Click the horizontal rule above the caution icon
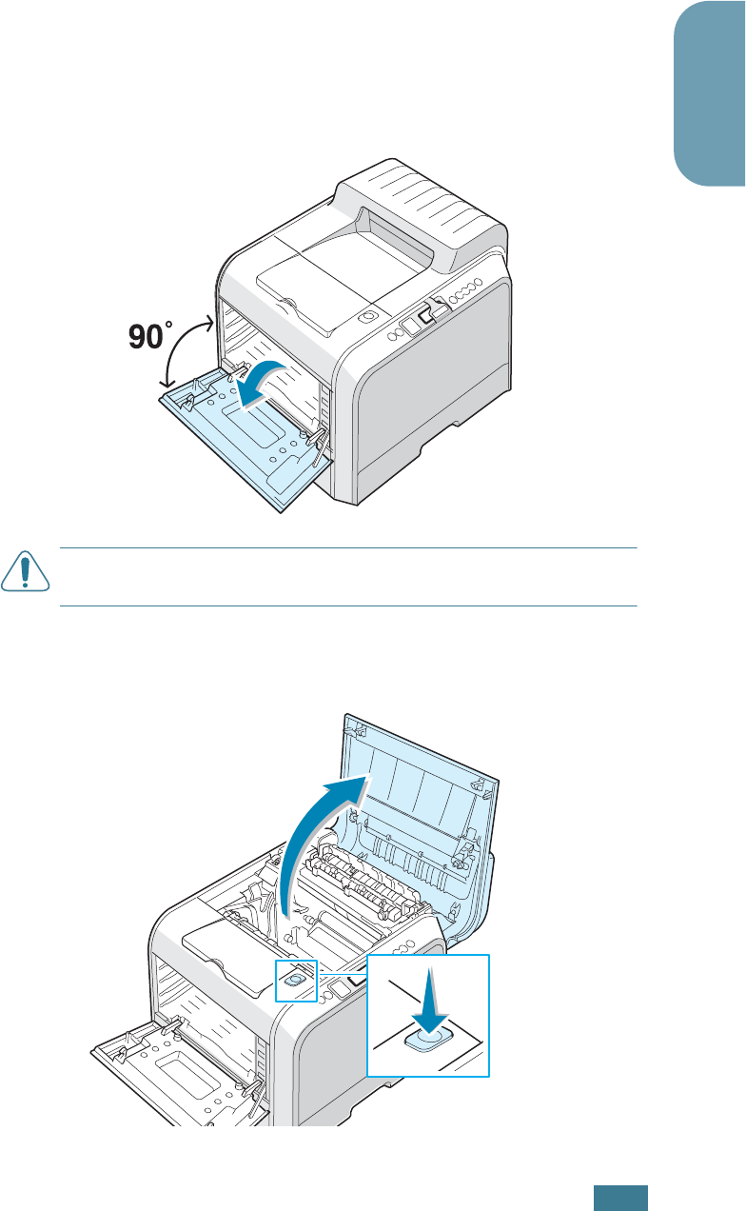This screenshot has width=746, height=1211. coord(347,548)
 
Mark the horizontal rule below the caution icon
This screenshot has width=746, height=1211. coord(347,605)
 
